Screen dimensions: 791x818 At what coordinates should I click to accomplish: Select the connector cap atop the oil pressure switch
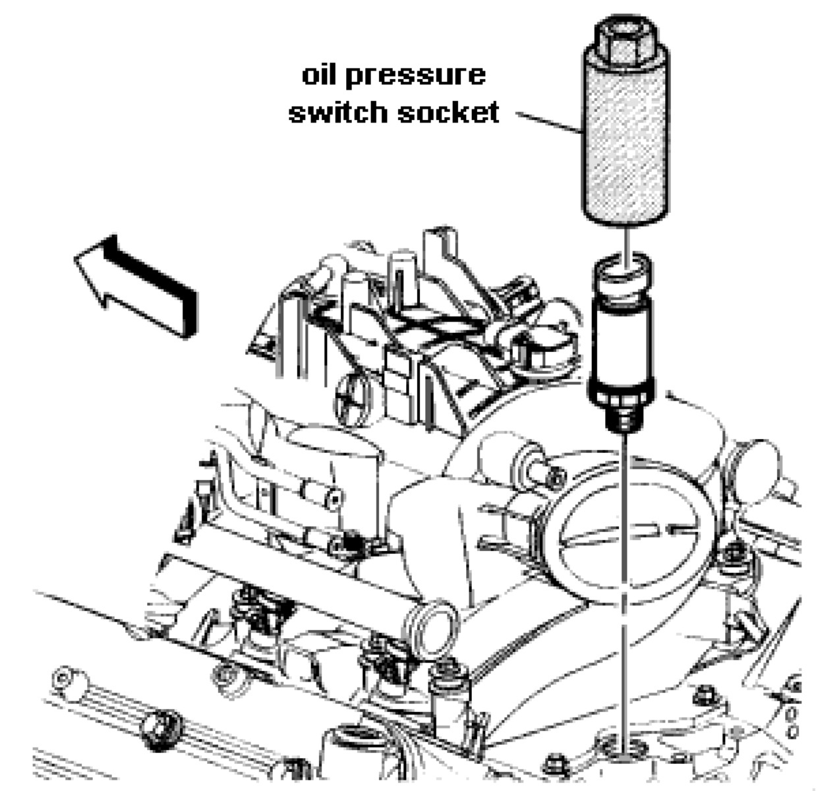[622, 276]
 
